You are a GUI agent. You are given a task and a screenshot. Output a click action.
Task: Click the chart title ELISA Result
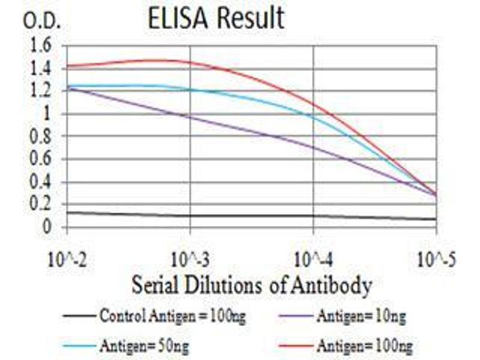[x=217, y=19]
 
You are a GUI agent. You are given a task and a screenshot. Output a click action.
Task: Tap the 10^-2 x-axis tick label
[x=68, y=262]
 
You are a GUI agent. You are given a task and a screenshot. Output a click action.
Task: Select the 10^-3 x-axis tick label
[x=190, y=262]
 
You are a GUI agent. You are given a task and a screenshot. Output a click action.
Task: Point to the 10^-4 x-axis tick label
[x=314, y=262]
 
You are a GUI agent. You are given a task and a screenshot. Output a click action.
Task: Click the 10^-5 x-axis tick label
[x=436, y=262]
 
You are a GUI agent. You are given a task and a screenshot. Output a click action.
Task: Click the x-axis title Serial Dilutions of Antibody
[x=251, y=285]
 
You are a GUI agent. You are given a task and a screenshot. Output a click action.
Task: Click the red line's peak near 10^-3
[x=159, y=60]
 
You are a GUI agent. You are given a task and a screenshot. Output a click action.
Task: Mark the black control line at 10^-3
[x=190, y=216]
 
